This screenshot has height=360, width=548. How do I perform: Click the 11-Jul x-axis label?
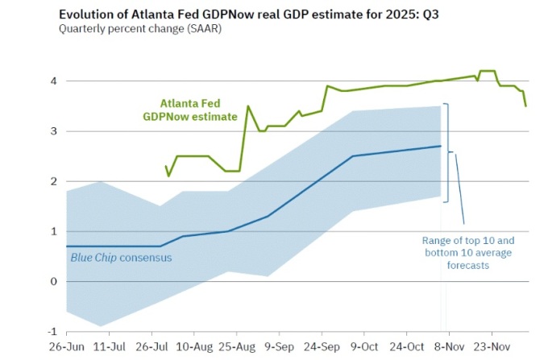[108, 347]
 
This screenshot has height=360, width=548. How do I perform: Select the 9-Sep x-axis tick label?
[279, 347]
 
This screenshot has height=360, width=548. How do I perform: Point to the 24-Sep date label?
[321, 347]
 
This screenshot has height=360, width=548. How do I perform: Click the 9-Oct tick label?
[364, 347]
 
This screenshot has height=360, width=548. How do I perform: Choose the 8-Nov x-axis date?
[450, 347]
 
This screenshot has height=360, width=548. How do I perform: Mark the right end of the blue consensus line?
[441, 146]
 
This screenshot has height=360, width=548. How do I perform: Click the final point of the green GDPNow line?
[526, 106]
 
